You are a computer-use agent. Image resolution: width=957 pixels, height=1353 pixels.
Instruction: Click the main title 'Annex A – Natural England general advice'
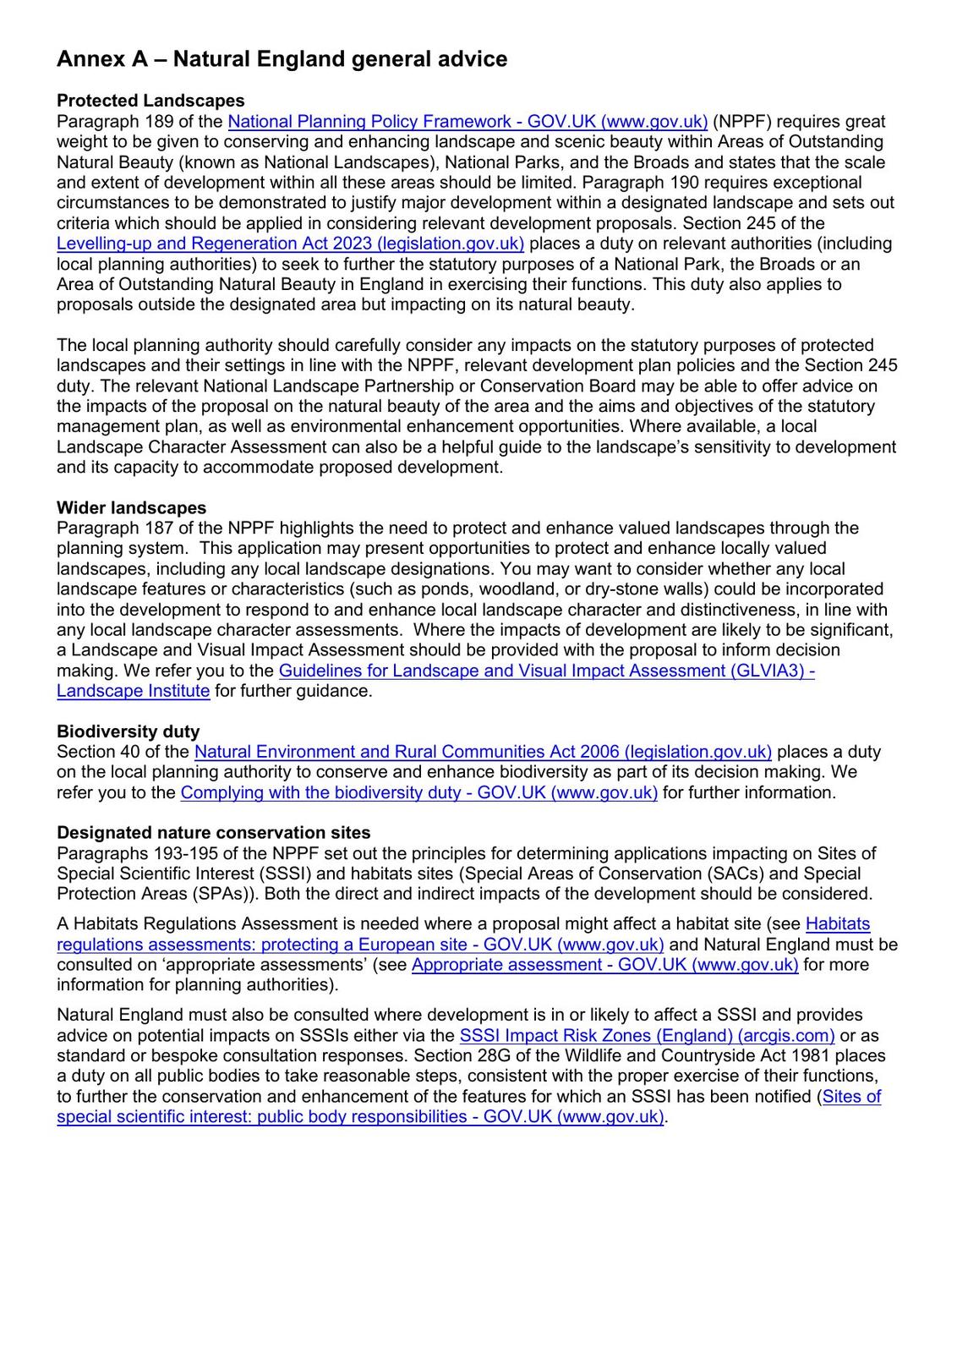click(282, 59)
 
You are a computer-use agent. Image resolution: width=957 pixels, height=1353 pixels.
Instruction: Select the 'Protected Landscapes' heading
click(150, 101)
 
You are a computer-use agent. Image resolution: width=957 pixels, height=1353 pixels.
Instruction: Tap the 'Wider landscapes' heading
click(131, 508)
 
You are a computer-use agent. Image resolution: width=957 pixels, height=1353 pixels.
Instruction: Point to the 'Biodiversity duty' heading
click(128, 731)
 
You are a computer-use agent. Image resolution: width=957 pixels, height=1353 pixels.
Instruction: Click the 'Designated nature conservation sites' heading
click(213, 833)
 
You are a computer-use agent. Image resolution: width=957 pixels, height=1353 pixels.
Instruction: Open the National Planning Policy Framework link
click(468, 122)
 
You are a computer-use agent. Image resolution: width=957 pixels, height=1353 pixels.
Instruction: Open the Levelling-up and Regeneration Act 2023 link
click(290, 244)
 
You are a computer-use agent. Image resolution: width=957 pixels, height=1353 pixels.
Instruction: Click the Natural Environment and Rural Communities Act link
click(483, 752)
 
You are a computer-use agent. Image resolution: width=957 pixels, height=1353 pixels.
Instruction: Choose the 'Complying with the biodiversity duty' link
click(418, 792)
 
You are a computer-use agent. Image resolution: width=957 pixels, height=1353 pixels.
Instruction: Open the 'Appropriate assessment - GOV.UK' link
click(604, 965)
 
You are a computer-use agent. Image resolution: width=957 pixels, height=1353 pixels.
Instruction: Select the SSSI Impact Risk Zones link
click(647, 1035)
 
